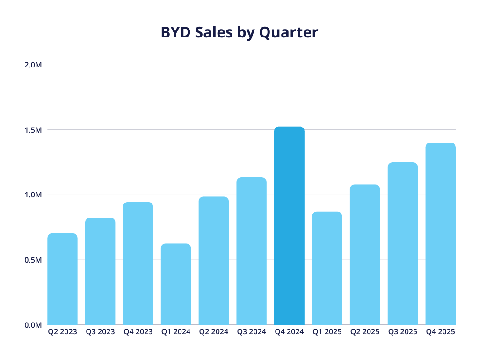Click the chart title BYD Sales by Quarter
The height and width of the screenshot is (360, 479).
pyautogui.click(x=239, y=32)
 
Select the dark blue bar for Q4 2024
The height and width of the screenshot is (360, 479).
pyautogui.click(x=289, y=225)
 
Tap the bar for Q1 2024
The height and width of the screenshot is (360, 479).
pyautogui.click(x=176, y=284)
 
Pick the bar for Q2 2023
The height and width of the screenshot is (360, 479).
pyautogui.click(x=62, y=279)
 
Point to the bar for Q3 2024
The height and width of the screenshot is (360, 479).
pyautogui.click(x=251, y=251)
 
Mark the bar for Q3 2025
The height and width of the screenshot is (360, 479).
pyautogui.click(x=402, y=243)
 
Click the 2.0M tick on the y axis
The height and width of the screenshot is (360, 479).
pyautogui.click(x=33, y=65)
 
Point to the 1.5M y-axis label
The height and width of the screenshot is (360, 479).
pyautogui.click(x=33, y=130)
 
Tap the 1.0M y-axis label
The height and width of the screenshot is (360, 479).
pyautogui.click(x=33, y=195)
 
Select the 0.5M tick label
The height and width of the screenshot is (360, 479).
pyautogui.click(x=33, y=260)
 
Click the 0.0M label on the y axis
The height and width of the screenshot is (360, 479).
pyautogui.click(x=33, y=325)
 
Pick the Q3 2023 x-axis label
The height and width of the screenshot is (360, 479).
pyautogui.click(x=100, y=332)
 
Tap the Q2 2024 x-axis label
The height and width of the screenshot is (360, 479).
pyautogui.click(x=214, y=332)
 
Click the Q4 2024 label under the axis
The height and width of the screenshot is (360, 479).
pyautogui.click(x=289, y=332)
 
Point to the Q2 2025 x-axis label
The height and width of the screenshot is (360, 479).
pyautogui.click(x=365, y=332)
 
